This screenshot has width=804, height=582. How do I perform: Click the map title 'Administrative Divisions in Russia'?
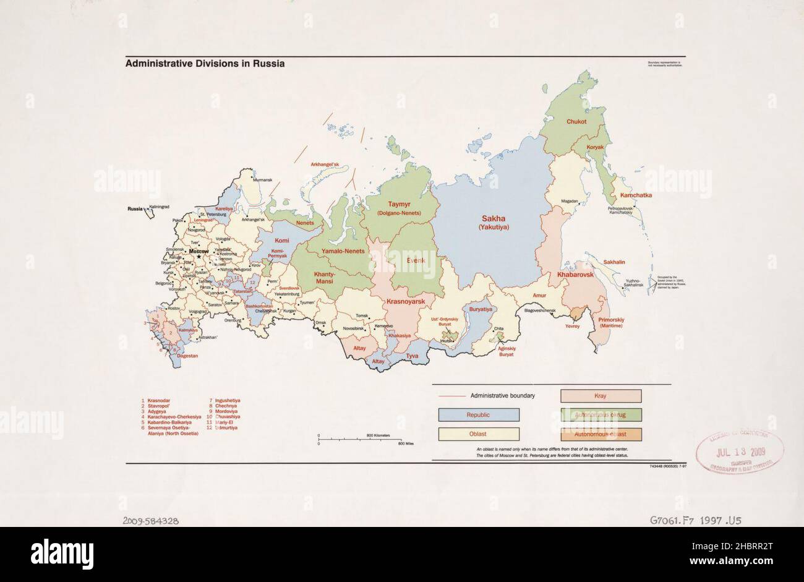[205, 64]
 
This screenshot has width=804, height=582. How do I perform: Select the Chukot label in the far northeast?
[576, 122]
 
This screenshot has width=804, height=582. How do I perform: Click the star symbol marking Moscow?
[199, 257]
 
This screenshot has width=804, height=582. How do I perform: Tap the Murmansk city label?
[262, 180]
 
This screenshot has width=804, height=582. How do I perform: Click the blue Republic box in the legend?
[478, 414]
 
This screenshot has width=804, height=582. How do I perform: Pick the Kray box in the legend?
[601, 396]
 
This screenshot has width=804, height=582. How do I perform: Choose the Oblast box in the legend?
[478, 434]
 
